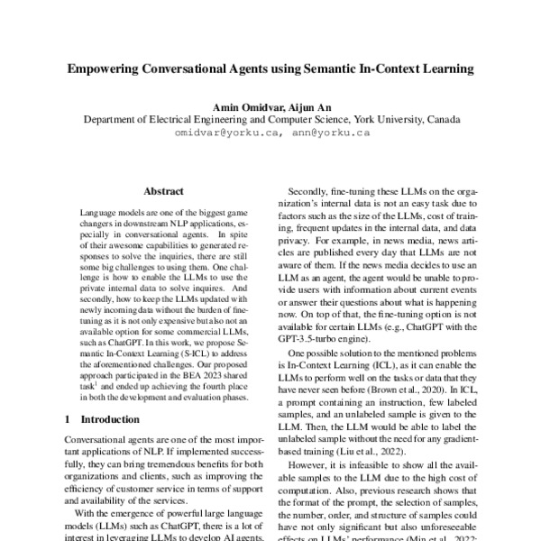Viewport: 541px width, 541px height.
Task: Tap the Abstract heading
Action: coord(163,191)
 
